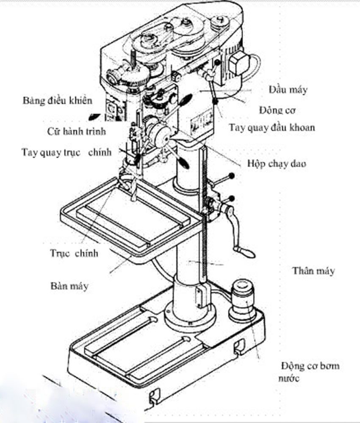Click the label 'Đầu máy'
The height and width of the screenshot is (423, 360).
click(x=288, y=90)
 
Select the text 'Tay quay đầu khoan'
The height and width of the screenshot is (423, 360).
click(x=272, y=127)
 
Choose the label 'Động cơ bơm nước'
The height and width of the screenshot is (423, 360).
click(x=310, y=371)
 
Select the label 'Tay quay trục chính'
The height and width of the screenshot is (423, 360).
click(x=66, y=152)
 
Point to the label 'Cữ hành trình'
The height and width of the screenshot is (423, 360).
click(x=76, y=131)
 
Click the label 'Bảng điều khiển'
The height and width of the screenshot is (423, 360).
click(x=57, y=100)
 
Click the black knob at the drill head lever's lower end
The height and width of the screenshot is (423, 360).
click(x=216, y=101)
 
